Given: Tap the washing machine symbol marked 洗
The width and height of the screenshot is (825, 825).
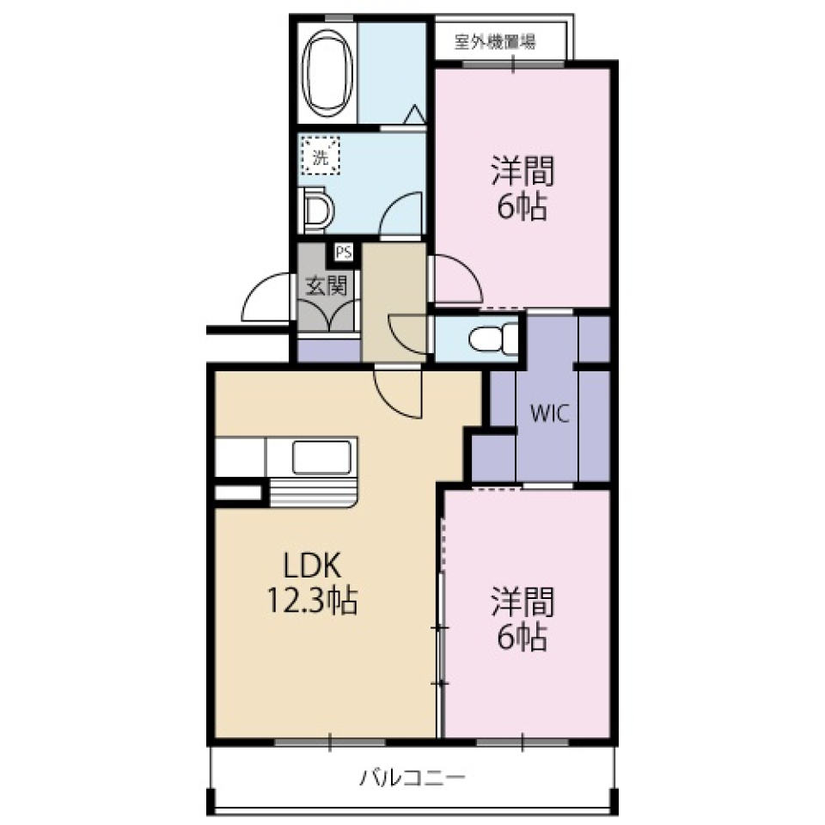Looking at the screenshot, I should click(x=321, y=156).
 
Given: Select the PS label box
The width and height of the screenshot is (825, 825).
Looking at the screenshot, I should click(x=344, y=253).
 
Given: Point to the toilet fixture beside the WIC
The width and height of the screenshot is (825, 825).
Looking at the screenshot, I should click(x=494, y=338).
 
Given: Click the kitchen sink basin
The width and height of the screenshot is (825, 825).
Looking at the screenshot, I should click(x=322, y=457).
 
